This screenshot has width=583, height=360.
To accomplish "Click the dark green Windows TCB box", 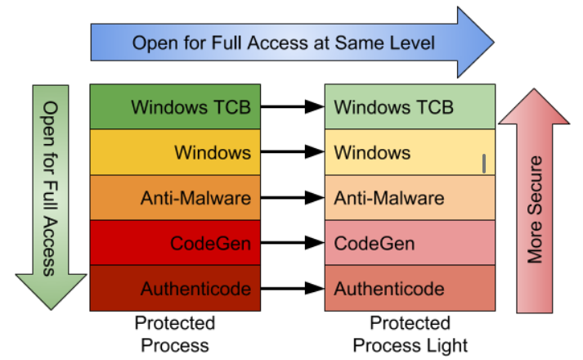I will click(x=175, y=106).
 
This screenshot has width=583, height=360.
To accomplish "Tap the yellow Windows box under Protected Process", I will click(x=175, y=152).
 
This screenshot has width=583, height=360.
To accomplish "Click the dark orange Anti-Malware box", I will click(x=175, y=197).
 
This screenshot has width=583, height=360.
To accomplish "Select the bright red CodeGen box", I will click(x=175, y=243).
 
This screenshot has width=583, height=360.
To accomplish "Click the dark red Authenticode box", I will click(x=175, y=288).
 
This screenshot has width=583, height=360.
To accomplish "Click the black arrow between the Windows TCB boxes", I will click(x=292, y=106).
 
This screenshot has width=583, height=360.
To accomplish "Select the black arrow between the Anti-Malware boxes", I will click(x=292, y=197).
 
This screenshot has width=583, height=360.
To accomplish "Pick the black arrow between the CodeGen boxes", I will click(x=292, y=243).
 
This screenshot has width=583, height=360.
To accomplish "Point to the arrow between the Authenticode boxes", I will click(x=292, y=288).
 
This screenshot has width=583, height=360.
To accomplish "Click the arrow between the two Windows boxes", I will click(x=292, y=152).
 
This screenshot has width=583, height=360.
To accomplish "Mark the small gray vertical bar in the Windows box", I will click(x=484, y=164).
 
